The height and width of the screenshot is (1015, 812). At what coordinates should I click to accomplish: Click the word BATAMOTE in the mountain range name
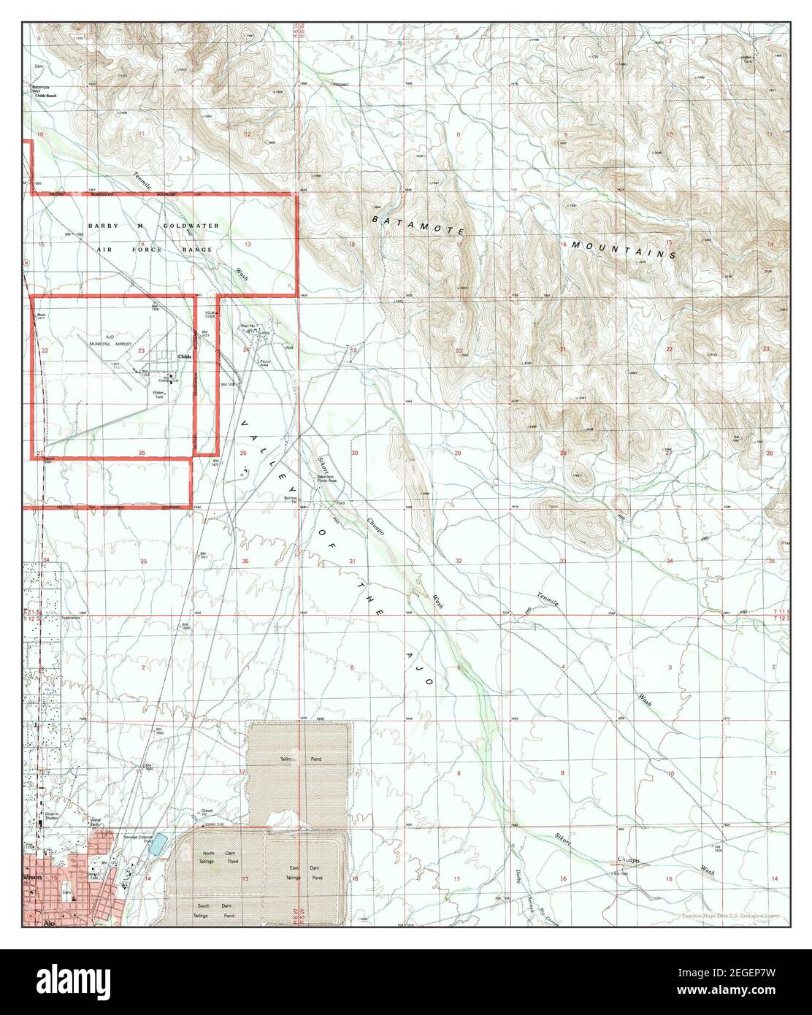coord(418,224)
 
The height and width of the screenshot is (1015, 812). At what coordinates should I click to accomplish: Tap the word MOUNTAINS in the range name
coord(624,249)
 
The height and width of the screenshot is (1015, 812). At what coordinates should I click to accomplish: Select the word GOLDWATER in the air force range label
coord(192,226)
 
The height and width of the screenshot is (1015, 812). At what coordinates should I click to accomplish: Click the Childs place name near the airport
coord(185,356)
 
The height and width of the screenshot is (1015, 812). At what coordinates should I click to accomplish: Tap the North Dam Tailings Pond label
coord(220,857)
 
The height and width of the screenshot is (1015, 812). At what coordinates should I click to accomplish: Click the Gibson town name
coord(33,876)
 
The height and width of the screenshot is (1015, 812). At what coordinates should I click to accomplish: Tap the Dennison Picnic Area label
coord(326,479)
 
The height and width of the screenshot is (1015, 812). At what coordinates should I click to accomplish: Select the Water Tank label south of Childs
coord(158,394)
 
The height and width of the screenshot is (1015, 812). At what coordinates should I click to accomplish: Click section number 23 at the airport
coord(141,351)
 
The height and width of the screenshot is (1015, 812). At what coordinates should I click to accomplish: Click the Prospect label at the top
coord(340,84)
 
